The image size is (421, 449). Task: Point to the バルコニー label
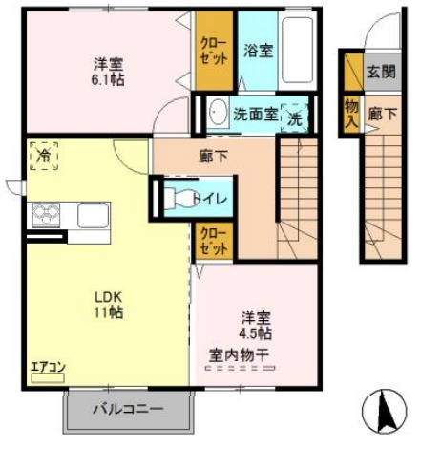(127, 410)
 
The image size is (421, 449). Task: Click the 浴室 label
(257, 51)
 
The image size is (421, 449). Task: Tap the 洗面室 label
(255, 114)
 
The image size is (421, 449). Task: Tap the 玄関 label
(377, 70)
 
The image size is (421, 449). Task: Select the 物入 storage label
(351, 112)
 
